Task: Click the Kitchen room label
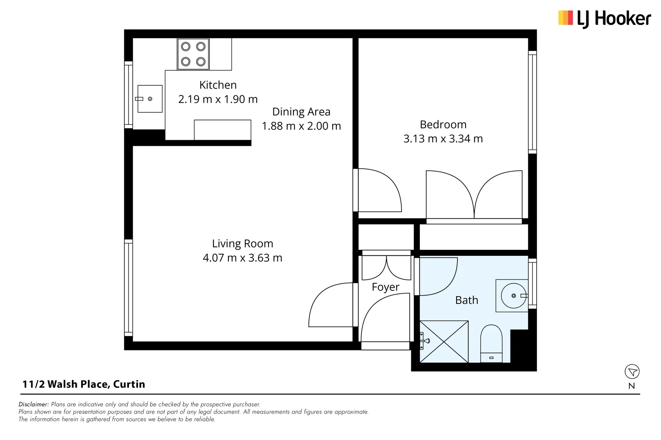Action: click(218, 85)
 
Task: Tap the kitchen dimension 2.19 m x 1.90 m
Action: click(218, 99)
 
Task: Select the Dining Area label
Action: click(301, 112)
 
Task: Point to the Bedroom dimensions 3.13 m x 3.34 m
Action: click(443, 139)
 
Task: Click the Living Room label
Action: click(242, 243)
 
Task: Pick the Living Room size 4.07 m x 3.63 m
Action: click(242, 257)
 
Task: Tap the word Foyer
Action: click(385, 287)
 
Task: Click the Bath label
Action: click(466, 300)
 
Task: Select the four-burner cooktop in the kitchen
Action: click(193, 54)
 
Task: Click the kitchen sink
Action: click(150, 99)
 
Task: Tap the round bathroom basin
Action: click(513, 295)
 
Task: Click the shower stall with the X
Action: click(444, 341)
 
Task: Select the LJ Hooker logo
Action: click(604, 19)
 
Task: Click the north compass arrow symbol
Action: click(632, 371)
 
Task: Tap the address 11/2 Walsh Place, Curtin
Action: click(84, 384)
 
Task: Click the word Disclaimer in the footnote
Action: click(33, 404)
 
